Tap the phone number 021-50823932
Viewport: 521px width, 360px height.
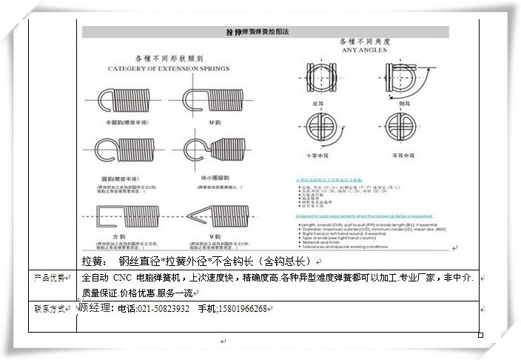pos(164,309)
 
